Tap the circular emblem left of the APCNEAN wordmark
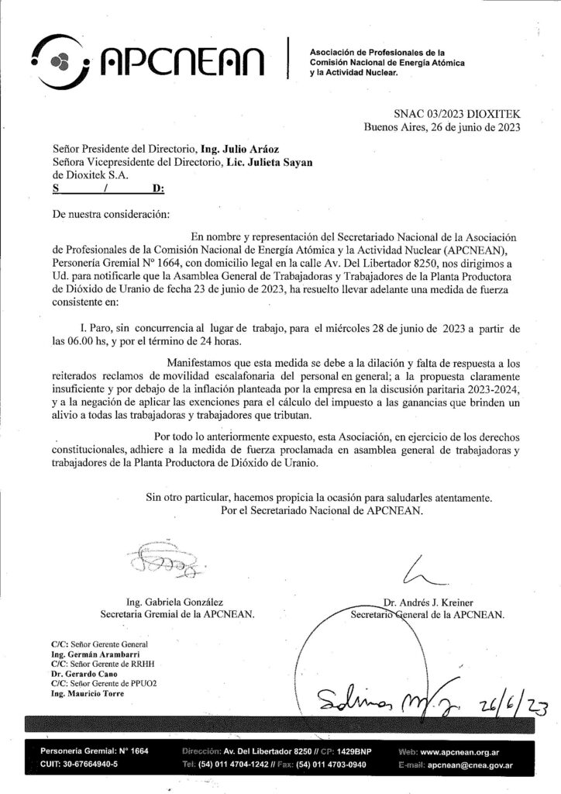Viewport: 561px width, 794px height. click(60, 59)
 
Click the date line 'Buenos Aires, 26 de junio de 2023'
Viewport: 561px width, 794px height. click(442, 128)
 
